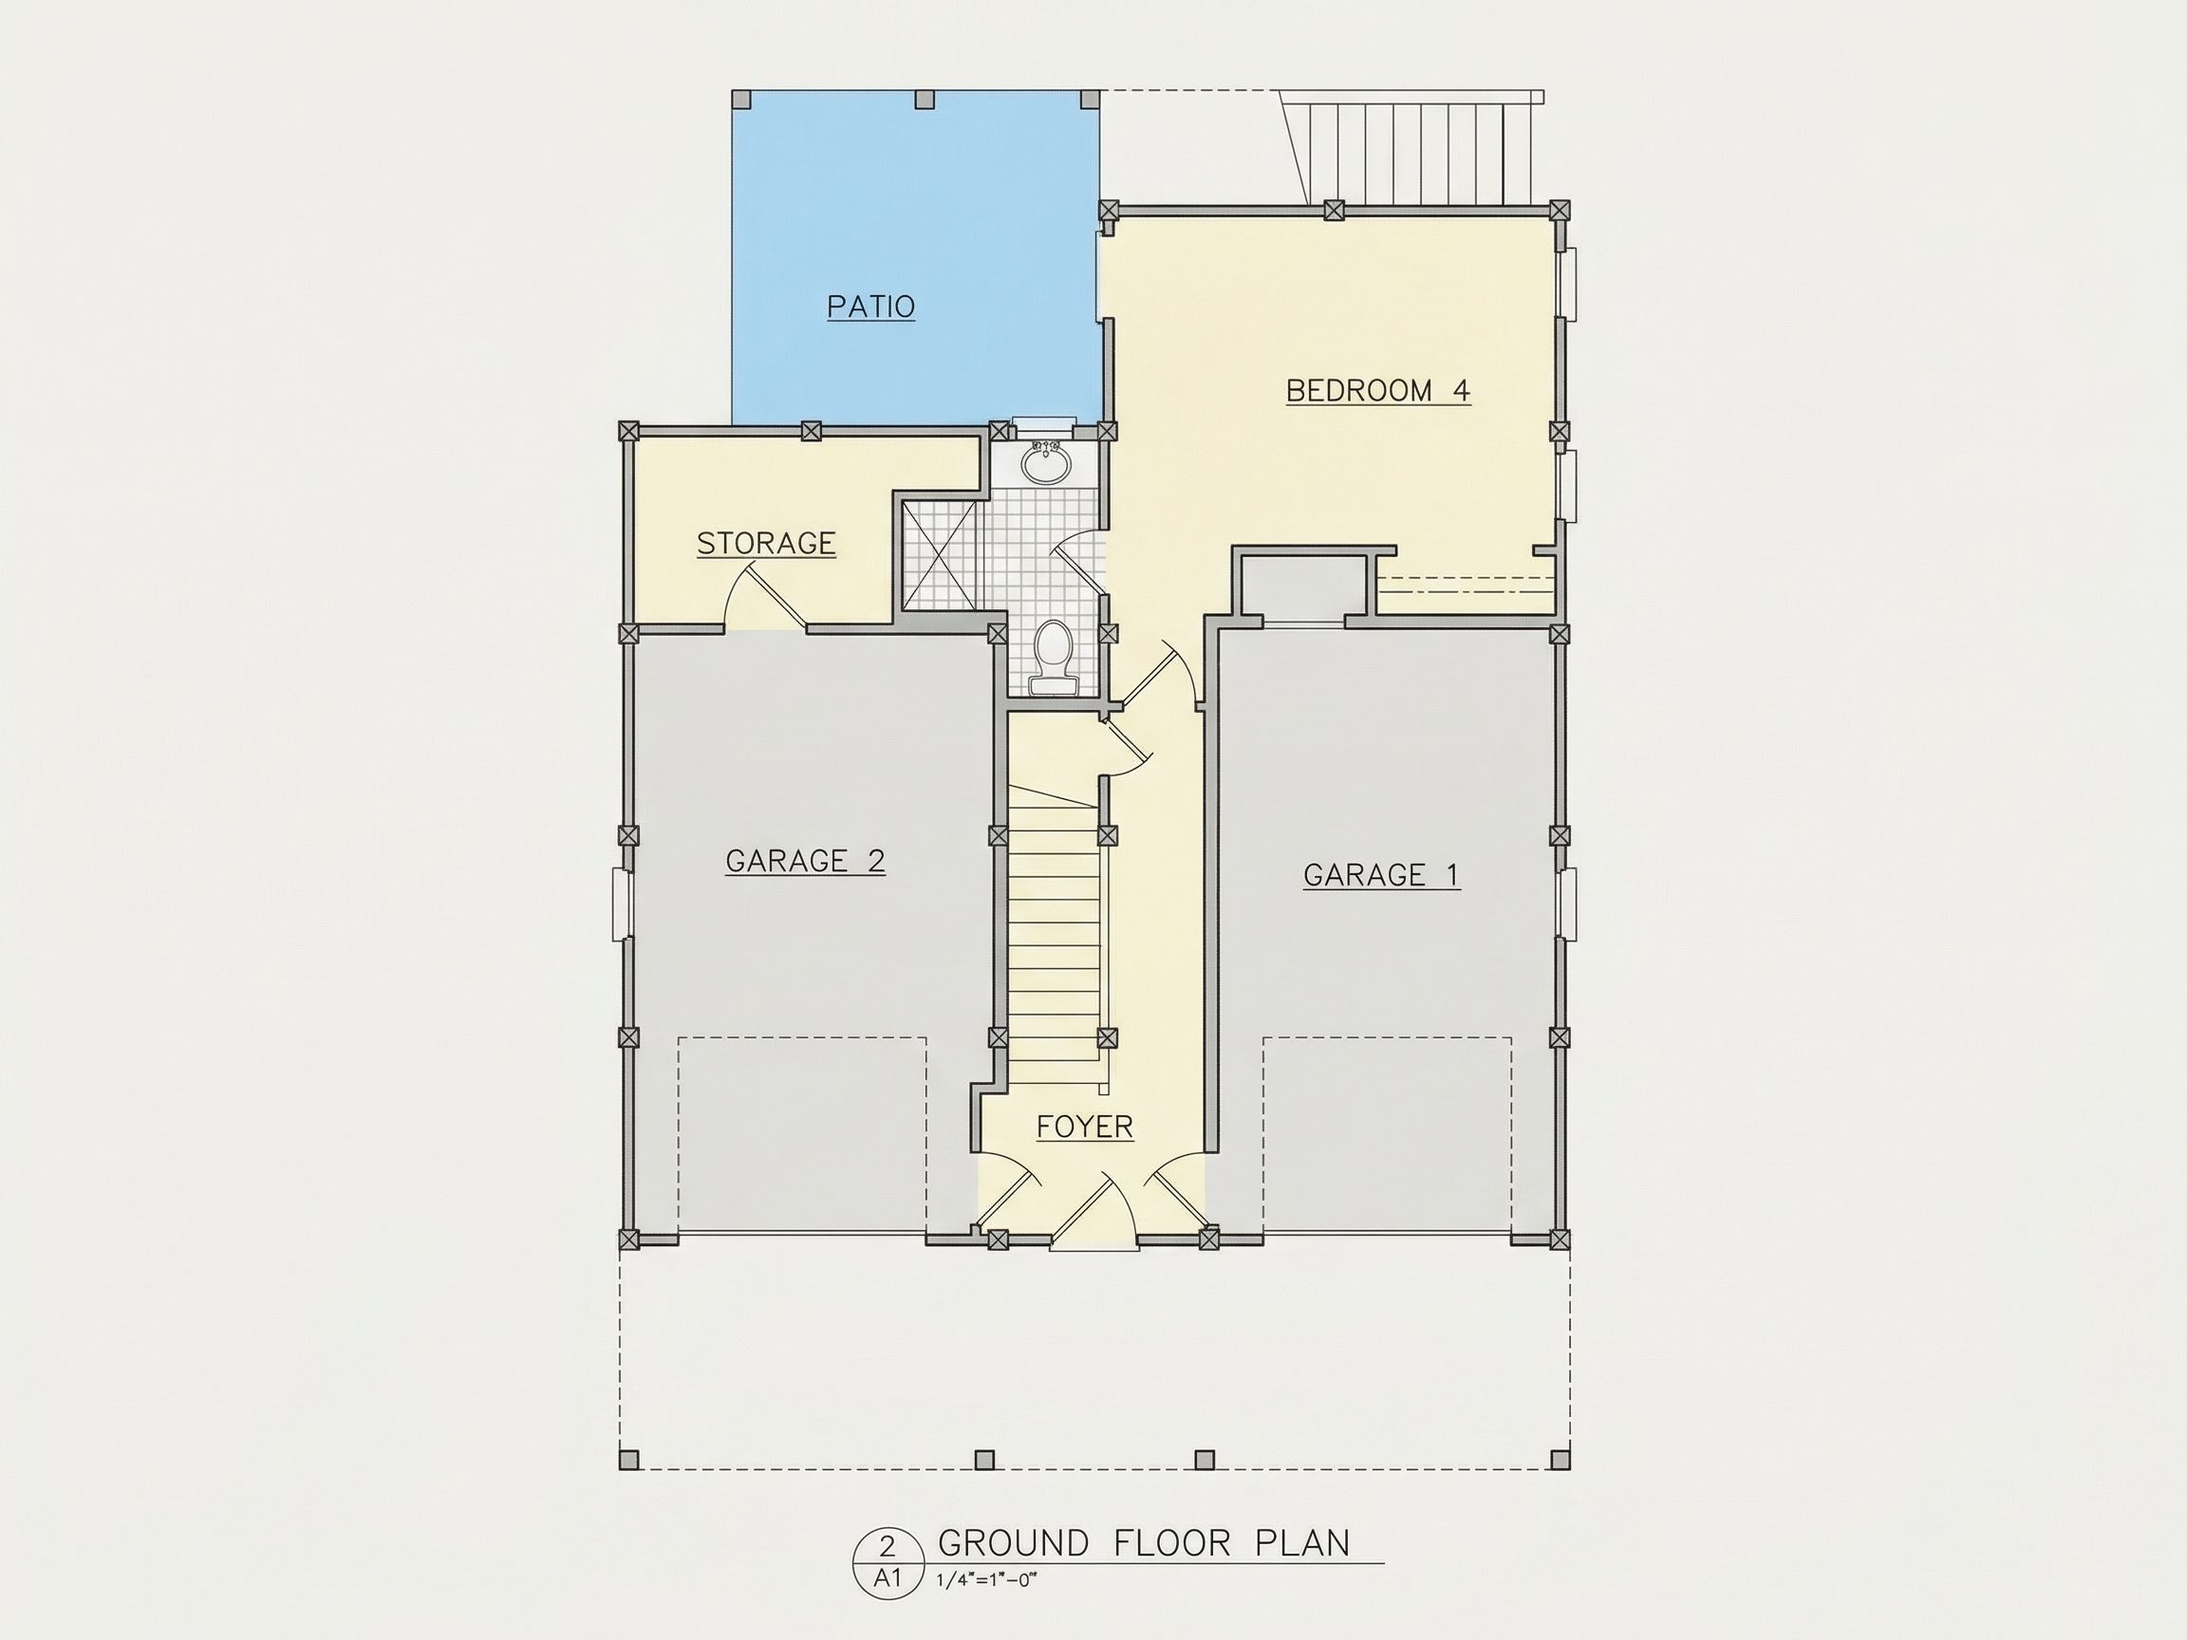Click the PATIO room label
pos(871,307)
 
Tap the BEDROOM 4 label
pos(1378,390)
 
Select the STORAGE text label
pos(766,543)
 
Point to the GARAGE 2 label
pos(805,861)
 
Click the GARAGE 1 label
pos(1381,875)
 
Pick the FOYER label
pos(1085,1127)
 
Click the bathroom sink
pos(1045,462)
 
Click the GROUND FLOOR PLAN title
pos(1144,1543)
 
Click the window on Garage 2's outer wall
pos(620,904)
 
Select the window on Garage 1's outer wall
pos(1567,904)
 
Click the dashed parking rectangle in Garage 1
pos(1387,1134)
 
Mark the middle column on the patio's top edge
pos(925,99)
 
